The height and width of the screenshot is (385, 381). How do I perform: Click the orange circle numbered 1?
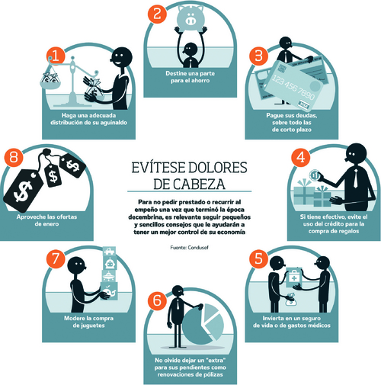(x=56, y=56)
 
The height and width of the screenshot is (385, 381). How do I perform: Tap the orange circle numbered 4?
(x=301, y=157)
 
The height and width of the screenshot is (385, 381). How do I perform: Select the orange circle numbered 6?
(x=157, y=301)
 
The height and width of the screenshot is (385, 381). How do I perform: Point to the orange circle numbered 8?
(x=14, y=157)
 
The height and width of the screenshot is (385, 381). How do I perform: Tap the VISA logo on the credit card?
(x=304, y=104)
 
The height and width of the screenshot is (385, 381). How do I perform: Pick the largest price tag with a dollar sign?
(x=24, y=190)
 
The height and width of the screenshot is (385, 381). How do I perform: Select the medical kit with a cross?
(x=294, y=278)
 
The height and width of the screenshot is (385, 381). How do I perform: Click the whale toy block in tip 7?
(x=110, y=290)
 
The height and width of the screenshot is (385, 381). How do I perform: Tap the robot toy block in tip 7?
(x=110, y=263)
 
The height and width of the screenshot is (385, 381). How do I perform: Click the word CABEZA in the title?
(x=190, y=184)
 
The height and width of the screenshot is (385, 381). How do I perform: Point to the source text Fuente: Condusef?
(x=190, y=247)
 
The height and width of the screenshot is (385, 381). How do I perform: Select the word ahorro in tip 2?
(x=200, y=81)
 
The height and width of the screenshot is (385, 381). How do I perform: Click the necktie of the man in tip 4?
(x=356, y=178)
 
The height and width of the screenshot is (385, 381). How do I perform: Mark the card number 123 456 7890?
(x=293, y=87)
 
